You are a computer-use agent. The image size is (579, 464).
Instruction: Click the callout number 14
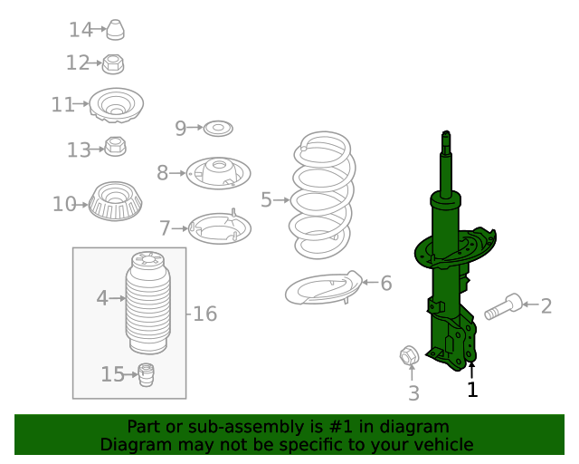81,30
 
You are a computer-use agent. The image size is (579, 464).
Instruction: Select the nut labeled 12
113,63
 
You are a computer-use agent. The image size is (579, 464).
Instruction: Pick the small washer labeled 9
217,129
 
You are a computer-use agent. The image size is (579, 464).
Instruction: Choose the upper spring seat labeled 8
218,172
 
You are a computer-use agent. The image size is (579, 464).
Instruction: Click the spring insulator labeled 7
218,227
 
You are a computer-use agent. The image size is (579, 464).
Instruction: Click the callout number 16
205,314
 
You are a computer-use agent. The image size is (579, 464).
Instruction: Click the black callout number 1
471,390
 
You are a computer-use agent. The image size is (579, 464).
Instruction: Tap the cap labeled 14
115,30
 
